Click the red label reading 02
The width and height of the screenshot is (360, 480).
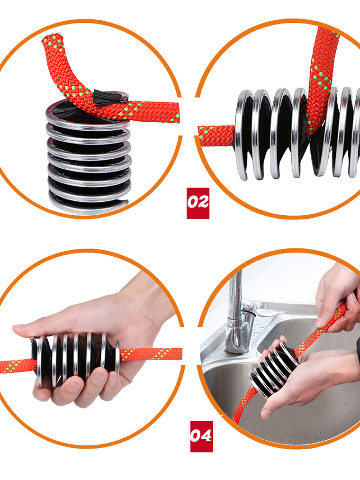[x=198, y=203]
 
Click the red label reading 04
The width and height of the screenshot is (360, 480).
[x=201, y=436]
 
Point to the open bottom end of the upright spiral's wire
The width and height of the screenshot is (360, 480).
[x=124, y=202]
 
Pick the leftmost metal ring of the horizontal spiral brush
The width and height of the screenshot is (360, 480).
[x=244, y=135]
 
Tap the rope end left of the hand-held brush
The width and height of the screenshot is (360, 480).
[x=17, y=365]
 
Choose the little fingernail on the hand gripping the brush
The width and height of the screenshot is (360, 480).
[x=113, y=379]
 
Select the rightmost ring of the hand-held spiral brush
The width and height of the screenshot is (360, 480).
[x=117, y=357]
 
